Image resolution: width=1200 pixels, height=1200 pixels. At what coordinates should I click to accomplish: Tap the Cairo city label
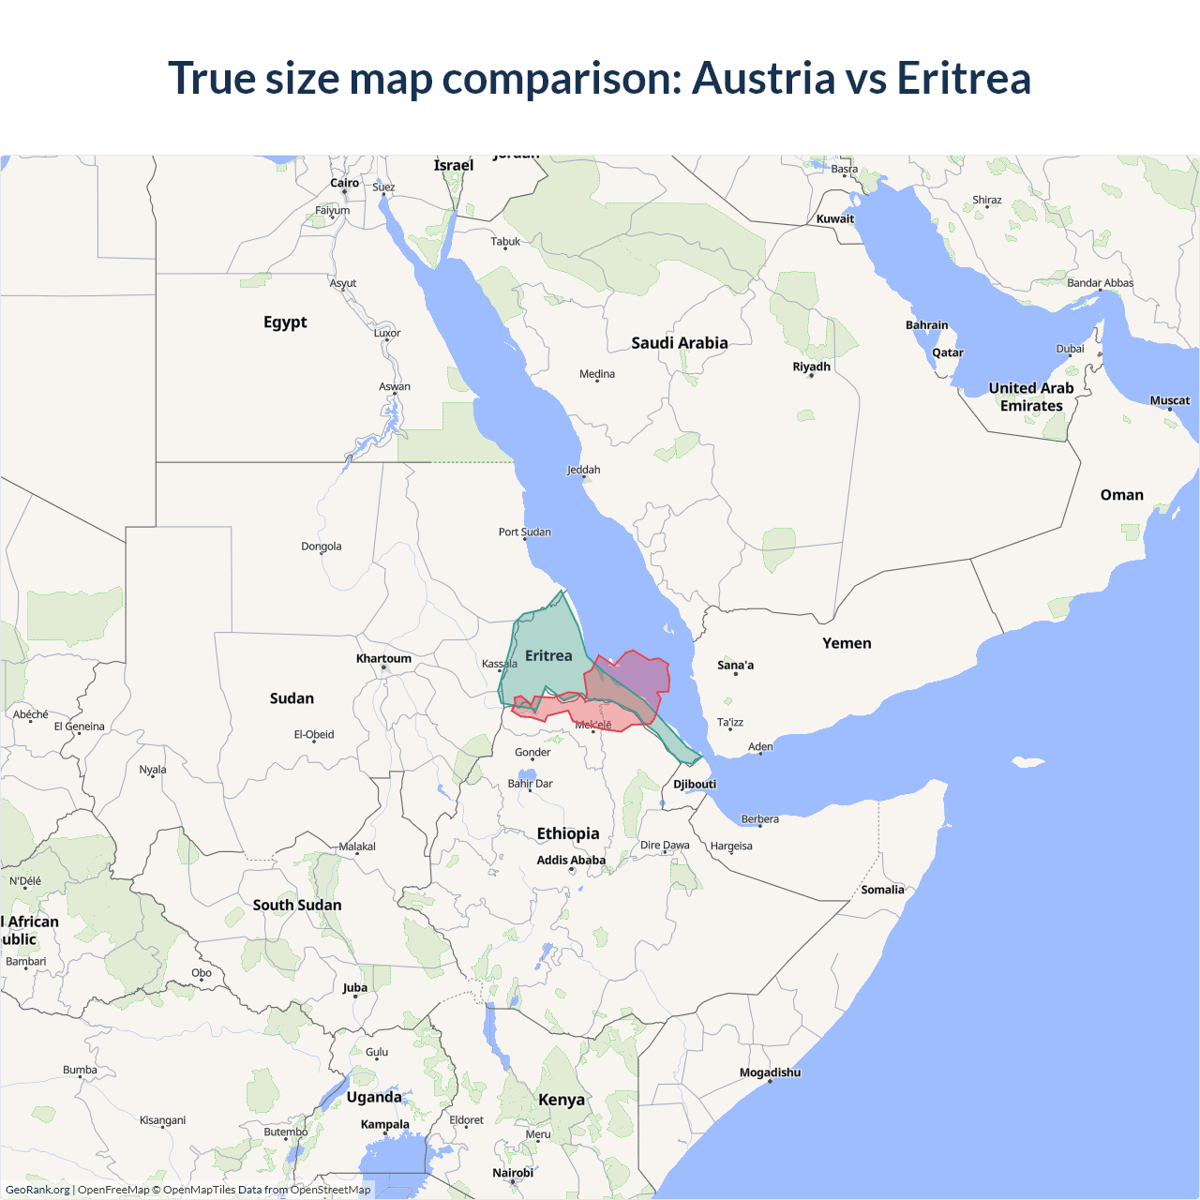pos(344,183)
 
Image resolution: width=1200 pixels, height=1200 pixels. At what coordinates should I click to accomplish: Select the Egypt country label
pos(285,322)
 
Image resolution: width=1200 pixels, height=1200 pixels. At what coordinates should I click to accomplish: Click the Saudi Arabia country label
pos(679,343)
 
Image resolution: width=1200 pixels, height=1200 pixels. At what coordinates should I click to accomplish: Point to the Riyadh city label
pos(811,367)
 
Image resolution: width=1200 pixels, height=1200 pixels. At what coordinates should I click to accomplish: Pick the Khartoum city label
pos(383,658)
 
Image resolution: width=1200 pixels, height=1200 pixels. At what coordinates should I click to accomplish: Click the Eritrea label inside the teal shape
pos(548,656)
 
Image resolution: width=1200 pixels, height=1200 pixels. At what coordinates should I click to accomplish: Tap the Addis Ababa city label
pos(571,860)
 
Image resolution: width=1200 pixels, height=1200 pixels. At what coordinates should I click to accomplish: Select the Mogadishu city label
pos(770,1072)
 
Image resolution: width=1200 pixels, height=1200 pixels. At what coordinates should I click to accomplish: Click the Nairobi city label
pos(513,1173)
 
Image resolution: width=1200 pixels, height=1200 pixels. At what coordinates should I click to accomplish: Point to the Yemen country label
pos(847,643)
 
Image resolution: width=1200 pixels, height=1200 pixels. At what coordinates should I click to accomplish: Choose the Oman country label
pos(1121,495)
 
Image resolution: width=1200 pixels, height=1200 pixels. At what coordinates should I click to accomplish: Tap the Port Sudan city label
pos(524,532)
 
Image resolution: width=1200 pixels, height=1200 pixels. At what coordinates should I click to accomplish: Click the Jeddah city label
pos(583,470)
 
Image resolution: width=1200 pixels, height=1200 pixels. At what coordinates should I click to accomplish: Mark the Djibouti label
pos(695,784)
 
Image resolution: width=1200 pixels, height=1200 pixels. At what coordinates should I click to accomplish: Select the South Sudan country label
pos(296,905)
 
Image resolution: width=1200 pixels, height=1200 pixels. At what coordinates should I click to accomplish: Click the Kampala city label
pos(384,1124)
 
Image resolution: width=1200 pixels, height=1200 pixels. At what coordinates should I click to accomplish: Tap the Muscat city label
pos(1169,400)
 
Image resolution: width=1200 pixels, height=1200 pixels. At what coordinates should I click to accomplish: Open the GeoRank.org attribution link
pos(37,1190)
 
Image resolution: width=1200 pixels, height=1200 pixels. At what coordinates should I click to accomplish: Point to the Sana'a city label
pos(735,666)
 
